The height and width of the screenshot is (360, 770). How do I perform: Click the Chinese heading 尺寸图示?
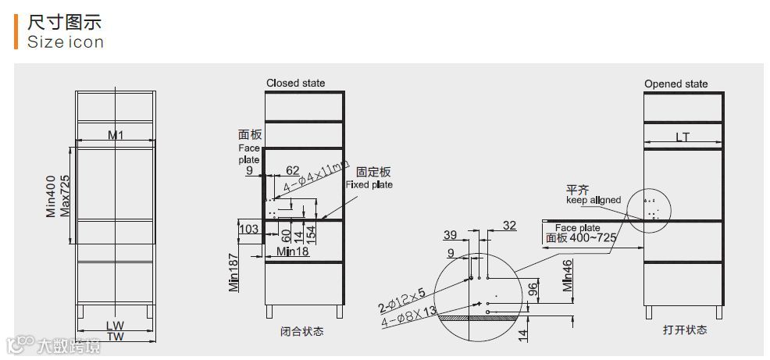pyautogui.click(x=64, y=21)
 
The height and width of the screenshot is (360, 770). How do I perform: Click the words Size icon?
pyautogui.click(x=66, y=41)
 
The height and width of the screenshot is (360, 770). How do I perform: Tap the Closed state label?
pyautogui.click(x=295, y=83)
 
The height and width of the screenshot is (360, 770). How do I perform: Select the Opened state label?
pyautogui.click(x=676, y=84)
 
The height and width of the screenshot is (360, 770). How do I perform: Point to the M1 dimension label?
pyautogui.click(x=116, y=136)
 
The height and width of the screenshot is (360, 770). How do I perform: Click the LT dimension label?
pyautogui.click(x=682, y=137)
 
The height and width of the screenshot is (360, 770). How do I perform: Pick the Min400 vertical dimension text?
pyautogui.click(x=51, y=196)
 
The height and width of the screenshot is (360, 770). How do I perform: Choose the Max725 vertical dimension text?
pyautogui.click(x=66, y=196)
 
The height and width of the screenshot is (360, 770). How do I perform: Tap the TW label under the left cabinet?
pyautogui.click(x=116, y=337)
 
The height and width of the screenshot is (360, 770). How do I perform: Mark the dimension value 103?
pyautogui.click(x=248, y=229)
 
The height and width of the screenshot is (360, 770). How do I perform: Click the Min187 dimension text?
pyautogui.click(x=233, y=270)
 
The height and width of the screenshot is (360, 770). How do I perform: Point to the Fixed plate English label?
pyautogui.click(x=369, y=185)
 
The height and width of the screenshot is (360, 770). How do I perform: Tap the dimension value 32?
pyautogui.click(x=509, y=226)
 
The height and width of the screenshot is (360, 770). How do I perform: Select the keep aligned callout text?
pyautogui.click(x=594, y=200)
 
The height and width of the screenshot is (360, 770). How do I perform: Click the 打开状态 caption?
pyautogui.click(x=684, y=330)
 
